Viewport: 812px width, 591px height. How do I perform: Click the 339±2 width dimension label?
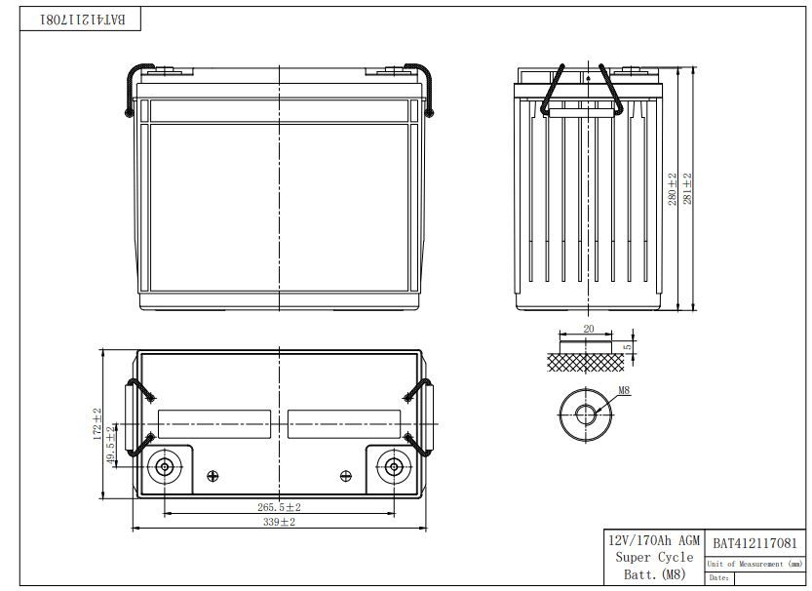(279, 522)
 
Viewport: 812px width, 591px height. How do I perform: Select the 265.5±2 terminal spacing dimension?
(279, 507)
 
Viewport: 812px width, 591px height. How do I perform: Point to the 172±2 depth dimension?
(97, 424)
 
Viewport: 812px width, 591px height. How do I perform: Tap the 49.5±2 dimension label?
(111, 446)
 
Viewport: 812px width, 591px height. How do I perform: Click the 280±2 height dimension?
(673, 189)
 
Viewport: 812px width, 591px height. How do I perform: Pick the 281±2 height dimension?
(687, 188)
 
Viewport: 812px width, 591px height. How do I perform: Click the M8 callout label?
(624, 390)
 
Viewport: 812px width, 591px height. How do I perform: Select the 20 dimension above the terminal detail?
(589, 329)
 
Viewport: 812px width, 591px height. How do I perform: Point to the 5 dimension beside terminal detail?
(628, 347)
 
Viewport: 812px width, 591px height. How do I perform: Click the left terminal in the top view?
(165, 467)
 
